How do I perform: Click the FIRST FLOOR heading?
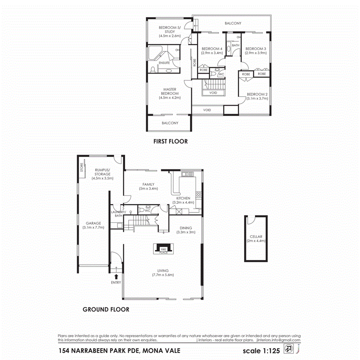(170, 141)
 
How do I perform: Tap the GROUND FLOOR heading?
(106, 309)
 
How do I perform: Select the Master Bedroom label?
(170, 91)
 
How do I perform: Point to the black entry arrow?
(116, 276)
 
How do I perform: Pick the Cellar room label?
(256, 236)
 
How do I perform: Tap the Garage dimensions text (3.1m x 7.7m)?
(93, 228)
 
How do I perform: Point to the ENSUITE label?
(164, 63)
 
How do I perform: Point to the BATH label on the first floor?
(236, 45)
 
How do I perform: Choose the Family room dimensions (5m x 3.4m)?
(149, 188)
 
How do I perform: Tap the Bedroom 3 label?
(255, 48)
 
